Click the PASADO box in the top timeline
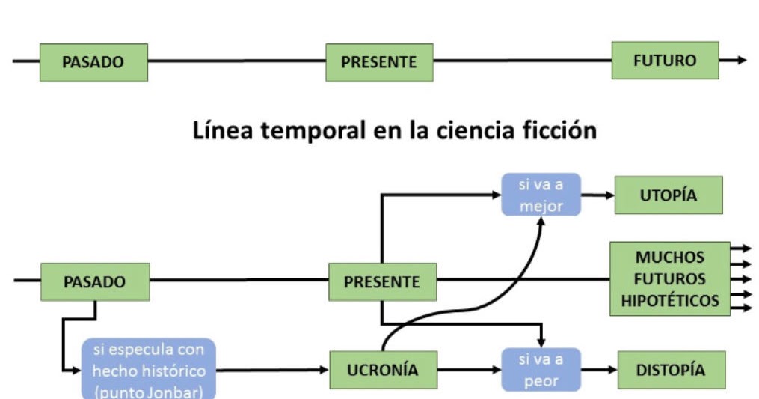click(x=93, y=62)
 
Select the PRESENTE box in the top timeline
click(x=379, y=62)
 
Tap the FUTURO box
click(x=665, y=61)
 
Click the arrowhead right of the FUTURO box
click(x=741, y=61)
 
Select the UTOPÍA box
click(x=669, y=195)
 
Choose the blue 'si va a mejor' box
click(x=541, y=195)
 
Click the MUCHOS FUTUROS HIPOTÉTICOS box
click(x=670, y=278)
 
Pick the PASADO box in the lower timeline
click(x=95, y=282)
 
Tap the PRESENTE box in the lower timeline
click(x=382, y=282)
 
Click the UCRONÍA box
click(x=383, y=370)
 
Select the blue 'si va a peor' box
click(x=541, y=370)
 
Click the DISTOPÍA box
click(x=671, y=370)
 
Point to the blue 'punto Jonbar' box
click(x=148, y=370)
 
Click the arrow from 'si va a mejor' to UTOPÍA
click(x=597, y=195)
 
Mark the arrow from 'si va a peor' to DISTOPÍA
click(x=599, y=370)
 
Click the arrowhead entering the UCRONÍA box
click(x=325, y=370)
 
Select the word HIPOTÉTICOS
click(x=670, y=301)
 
